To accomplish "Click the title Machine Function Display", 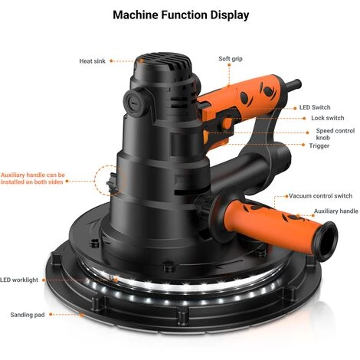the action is point(181,15).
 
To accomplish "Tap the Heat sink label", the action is point(92,61).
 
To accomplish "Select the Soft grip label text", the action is point(231,59).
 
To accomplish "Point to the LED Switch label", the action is point(315,107).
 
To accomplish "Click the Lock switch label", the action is point(328,118).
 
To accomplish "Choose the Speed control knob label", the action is point(335,134).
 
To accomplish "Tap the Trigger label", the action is point(319,146).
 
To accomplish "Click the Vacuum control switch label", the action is point(320,196).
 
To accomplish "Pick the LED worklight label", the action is point(19,280).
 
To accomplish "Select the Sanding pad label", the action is point(28,315).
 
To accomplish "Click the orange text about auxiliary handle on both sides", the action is point(32,178).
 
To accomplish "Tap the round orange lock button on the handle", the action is point(227,123).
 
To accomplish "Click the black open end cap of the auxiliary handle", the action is point(326,241).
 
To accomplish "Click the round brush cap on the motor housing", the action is point(134,103).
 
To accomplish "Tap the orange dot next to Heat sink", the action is point(111,61).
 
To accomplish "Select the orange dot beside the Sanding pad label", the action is point(51,314).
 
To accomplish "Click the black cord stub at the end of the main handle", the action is point(293,86).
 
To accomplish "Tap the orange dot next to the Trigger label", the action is point(303,145).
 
